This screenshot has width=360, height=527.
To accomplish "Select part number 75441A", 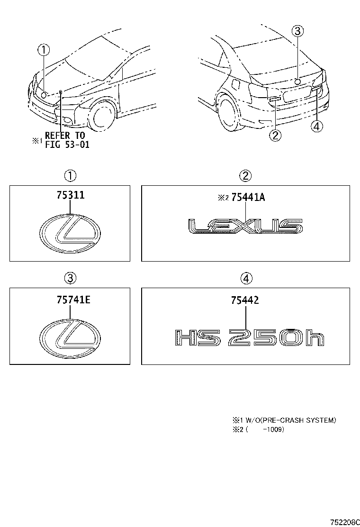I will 247,198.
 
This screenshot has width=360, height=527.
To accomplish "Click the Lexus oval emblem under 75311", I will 70,235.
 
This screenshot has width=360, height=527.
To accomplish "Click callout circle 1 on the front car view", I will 44,49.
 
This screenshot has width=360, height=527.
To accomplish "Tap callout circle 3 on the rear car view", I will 297,32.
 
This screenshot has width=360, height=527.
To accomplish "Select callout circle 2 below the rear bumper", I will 275,135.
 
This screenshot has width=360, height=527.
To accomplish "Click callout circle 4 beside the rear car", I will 317,126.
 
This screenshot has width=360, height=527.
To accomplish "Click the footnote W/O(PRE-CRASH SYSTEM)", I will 284,420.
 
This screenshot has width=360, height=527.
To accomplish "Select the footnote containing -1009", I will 258,430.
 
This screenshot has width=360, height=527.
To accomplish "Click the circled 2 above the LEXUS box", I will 245,176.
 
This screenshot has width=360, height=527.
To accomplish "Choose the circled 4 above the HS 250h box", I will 245,278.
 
